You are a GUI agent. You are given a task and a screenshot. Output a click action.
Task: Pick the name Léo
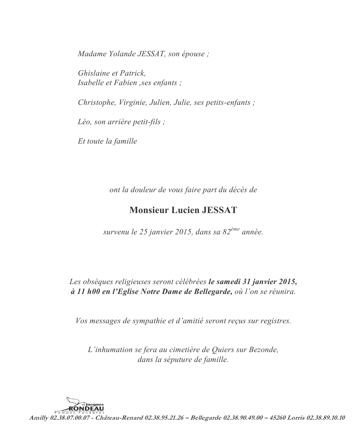point(84,122)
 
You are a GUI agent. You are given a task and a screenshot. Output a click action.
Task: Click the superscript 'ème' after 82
point(235,229)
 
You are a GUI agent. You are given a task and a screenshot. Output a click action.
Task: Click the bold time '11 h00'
point(85,292)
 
